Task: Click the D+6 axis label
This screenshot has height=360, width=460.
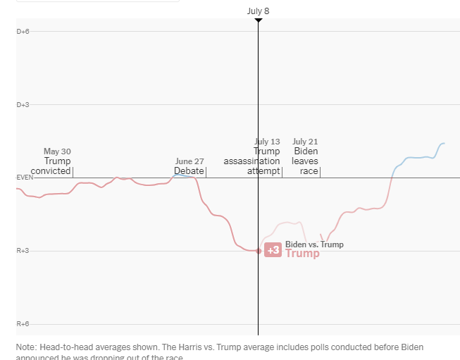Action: point(23,31)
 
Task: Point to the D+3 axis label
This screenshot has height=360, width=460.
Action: point(23,104)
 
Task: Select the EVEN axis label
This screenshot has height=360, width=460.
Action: point(25,178)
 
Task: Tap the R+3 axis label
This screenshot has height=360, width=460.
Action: point(23,251)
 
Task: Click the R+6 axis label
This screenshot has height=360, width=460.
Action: point(23,324)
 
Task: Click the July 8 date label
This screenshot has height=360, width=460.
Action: point(258,11)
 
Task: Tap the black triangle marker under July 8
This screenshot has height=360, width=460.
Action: point(258,20)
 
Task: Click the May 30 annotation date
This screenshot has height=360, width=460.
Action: point(57,151)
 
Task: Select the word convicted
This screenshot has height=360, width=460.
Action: point(51,171)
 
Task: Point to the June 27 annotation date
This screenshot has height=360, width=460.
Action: point(189,161)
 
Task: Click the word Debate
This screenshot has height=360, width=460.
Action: point(189,171)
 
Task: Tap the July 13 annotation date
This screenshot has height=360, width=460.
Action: point(267,142)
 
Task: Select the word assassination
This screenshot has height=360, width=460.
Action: point(251,161)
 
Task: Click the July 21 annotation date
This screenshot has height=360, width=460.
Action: point(305,142)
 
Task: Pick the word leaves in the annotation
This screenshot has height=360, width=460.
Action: point(305,161)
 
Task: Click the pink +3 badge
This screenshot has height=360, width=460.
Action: point(273,250)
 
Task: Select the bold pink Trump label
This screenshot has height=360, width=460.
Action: point(302,254)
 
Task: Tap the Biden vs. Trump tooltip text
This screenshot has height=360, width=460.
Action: point(314,244)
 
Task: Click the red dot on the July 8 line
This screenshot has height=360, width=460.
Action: point(259,251)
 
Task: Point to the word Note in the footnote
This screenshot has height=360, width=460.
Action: point(27,347)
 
